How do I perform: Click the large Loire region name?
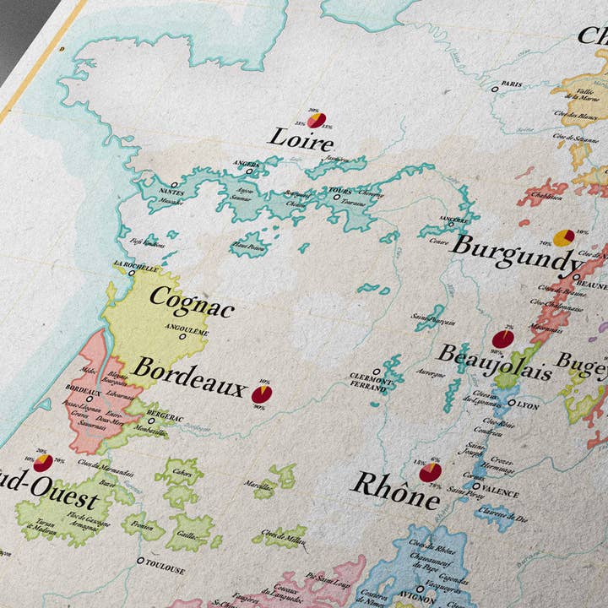click(x=301, y=140)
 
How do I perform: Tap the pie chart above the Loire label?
click(x=317, y=120)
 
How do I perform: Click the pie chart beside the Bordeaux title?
click(x=262, y=394)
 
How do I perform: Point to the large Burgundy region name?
click(x=513, y=252)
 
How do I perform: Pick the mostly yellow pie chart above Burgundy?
click(x=563, y=237)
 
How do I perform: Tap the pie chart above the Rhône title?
click(x=430, y=471)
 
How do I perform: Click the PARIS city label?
click(x=512, y=84)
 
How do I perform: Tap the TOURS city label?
click(x=340, y=191)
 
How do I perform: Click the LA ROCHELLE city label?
click(x=135, y=265)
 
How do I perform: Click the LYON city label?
click(x=527, y=405)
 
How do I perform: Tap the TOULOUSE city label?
click(x=164, y=560)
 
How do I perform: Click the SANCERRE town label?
click(x=453, y=220)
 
